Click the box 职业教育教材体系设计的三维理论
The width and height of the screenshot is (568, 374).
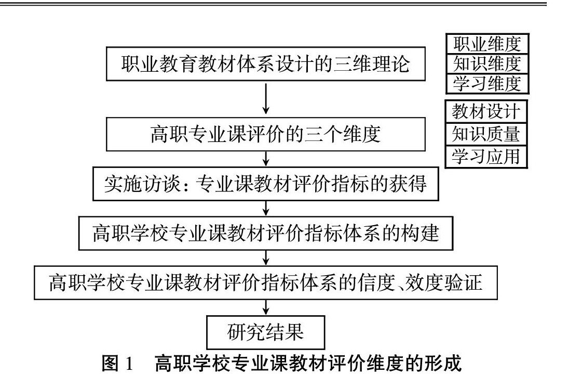(265, 64)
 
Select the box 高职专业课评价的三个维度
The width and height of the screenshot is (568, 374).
(265, 134)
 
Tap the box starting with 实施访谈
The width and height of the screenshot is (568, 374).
(265, 184)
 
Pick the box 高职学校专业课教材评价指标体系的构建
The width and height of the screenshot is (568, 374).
(265, 233)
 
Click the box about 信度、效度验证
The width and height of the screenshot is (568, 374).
(265, 283)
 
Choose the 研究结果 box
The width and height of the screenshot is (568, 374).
(265, 332)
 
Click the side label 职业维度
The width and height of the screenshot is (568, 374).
(486, 44)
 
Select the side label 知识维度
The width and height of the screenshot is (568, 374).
(486, 63)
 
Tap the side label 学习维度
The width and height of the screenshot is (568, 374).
(486, 83)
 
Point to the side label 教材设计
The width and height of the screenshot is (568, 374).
(486, 111)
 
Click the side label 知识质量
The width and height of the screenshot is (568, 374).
(486, 134)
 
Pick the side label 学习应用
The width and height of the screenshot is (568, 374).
(486, 157)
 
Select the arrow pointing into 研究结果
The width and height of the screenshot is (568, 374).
(266, 307)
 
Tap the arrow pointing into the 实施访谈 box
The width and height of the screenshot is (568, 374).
(266, 158)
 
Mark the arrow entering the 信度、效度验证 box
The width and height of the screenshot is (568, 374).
(266, 257)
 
